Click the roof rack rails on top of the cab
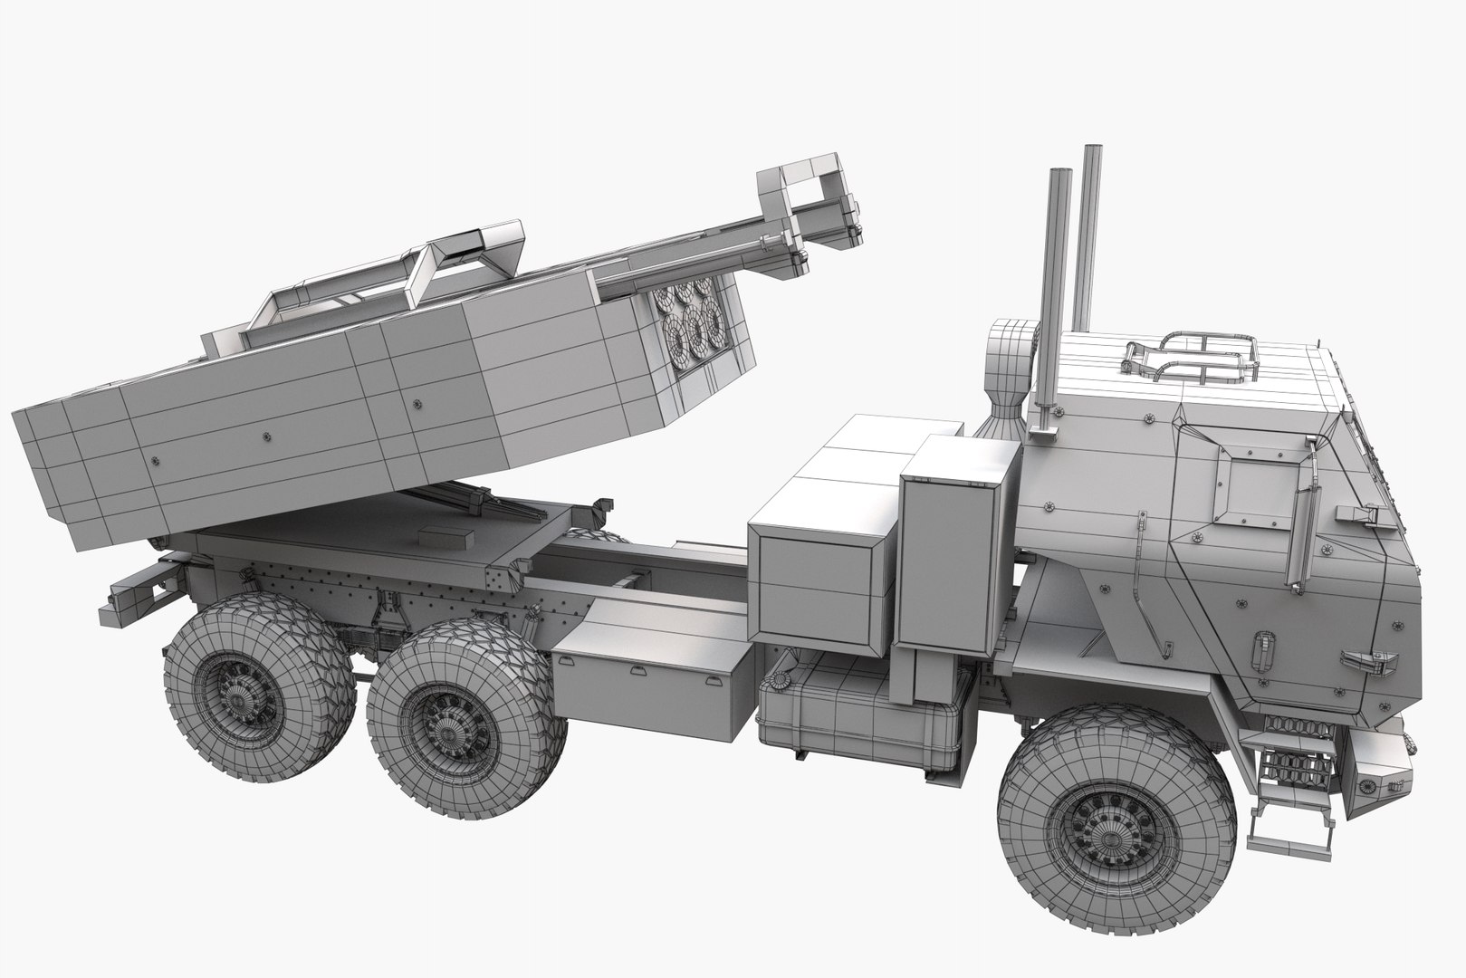point(1188,357)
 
